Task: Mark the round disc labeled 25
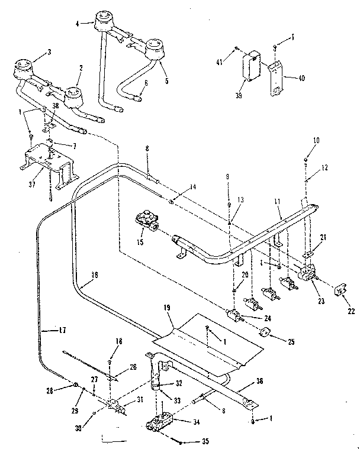(264, 333)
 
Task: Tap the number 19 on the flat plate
(166, 308)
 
